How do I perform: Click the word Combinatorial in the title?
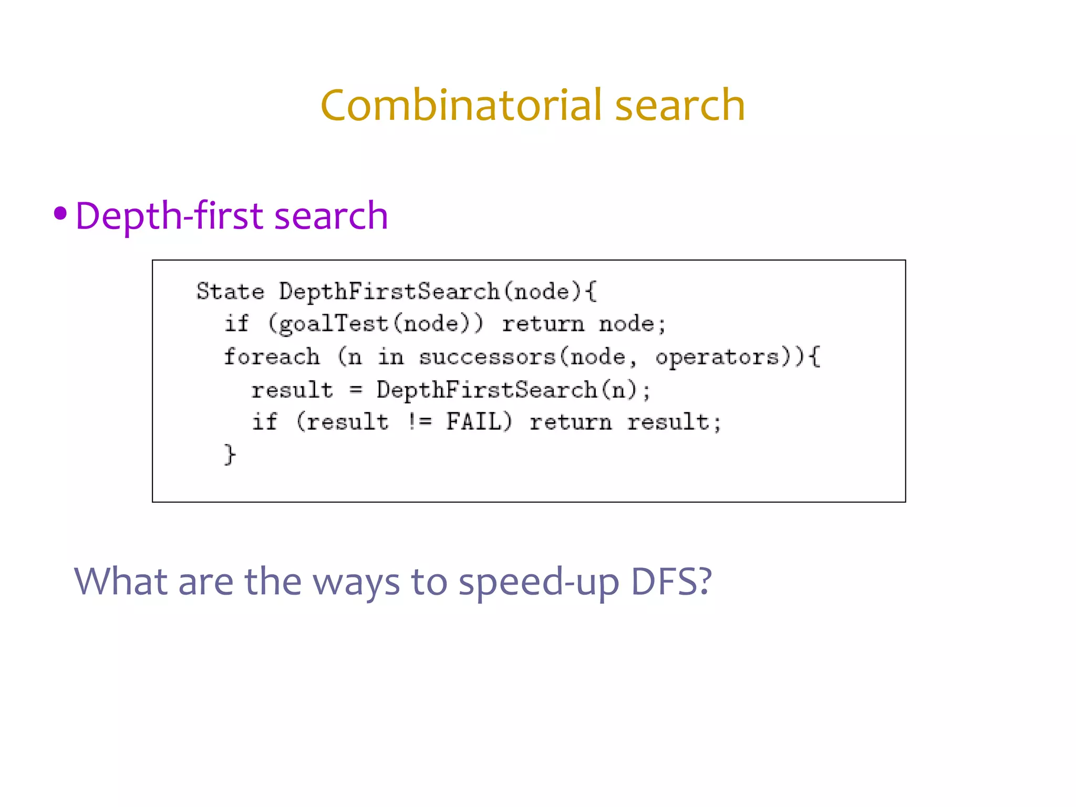click(461, 105)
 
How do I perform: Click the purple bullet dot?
click(60, 213)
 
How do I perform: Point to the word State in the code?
click(230, 292)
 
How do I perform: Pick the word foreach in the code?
click(272, 357)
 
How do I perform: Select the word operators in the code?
click(717, 357)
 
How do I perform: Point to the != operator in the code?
click(420, 422)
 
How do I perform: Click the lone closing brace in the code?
click(230, 454)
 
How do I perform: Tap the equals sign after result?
click(356, 390)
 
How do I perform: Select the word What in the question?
click(121, 582)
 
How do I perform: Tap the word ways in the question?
click(356, 583)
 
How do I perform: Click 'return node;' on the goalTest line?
click(584, 324)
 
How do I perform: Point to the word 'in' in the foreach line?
click(391, 357)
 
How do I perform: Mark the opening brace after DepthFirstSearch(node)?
click(592, 292)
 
